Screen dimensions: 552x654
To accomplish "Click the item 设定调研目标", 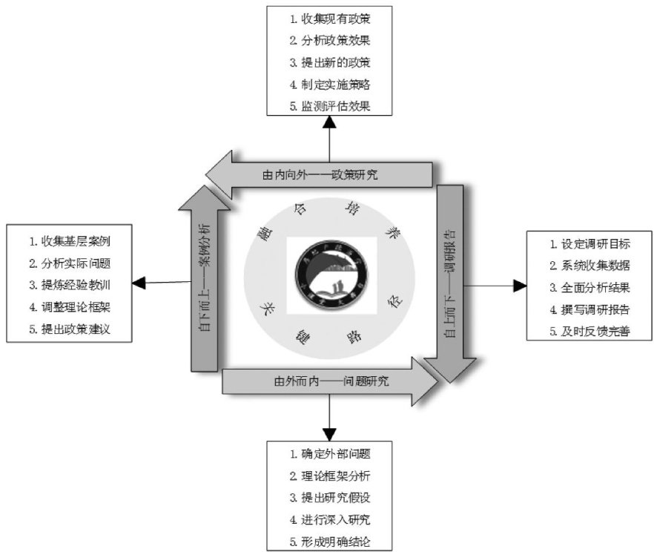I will pyautogui.click(x=590, y=243).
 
